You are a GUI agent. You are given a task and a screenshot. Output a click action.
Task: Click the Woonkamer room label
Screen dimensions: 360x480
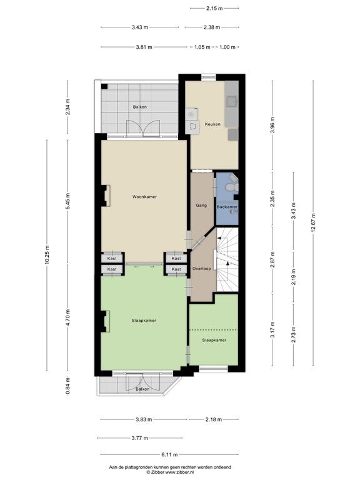pyautogui.click(x=144, y=197)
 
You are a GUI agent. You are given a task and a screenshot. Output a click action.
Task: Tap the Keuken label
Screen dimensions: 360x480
pyautogui.click(x=212, y=124)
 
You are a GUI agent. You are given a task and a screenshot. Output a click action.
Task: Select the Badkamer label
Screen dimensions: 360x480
pyautogui.click(x=227, y=207)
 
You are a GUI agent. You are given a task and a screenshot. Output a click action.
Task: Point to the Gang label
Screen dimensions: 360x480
pyautogui.click(x=201, y=206)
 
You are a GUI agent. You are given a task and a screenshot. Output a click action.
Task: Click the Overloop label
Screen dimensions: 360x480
pyautogui.click(x=202, y=269)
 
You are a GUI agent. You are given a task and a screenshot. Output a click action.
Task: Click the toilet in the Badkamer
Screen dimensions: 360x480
pyautogui.click(x=232, y=187)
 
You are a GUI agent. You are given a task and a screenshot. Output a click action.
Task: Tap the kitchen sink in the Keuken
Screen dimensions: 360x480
pyautogui.click(x=231, y=101)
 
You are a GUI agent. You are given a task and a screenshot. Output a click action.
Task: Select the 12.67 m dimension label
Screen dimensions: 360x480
pyautogui.click(x=313, y=223)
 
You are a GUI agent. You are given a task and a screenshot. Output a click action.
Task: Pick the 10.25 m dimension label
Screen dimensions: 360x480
pyautogui.click(x=46, y=255)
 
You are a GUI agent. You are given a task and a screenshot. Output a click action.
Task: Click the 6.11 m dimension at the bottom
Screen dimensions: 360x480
pyautogui.click(x=169, y=454)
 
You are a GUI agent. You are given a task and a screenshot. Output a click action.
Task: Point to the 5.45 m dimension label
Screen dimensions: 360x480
pyautogui.click(x=67, y=201)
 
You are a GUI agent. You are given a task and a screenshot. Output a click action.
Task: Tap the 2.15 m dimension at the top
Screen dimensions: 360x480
pyautogui.click(x=214, y=8)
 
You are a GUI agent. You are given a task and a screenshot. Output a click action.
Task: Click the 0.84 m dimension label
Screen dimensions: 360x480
pyautogui.click(x=67, y=386)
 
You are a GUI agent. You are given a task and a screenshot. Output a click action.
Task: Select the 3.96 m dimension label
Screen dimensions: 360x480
pyautogui.click(x=272, y=125)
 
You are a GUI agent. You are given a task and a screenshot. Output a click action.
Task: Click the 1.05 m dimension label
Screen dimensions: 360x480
pyautogui.click(x=202, y=47)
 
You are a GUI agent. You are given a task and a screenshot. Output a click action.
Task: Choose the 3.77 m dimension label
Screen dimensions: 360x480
pyautogui.click(x=140, y=438)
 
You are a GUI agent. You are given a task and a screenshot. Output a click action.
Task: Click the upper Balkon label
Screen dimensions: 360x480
pyautogui.click(x=140, y=107)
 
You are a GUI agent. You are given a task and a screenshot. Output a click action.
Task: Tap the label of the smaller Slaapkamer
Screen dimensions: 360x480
pyautogui.click(x=214, y=340)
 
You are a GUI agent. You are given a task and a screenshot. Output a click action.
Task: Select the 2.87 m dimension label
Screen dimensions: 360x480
pyautogui.click(x=272, y=259)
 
